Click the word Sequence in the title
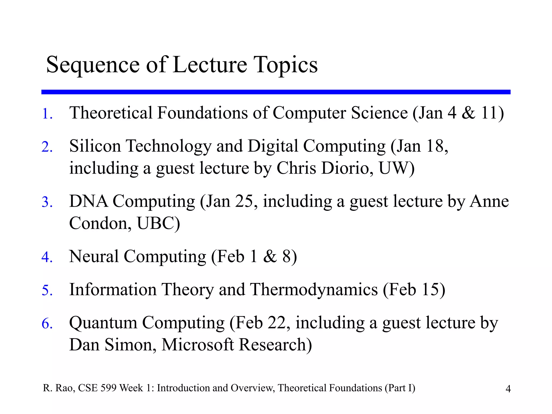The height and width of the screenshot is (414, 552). [x=93, y=65]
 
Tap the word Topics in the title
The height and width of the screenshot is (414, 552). [x=286, y=65]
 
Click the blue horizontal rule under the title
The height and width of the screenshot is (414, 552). [x=276, y=92]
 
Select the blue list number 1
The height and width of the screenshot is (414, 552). [x=46, y=114]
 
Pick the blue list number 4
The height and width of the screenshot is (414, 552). [x=46, y=257]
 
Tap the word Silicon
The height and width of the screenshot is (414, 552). [x=95, y=146]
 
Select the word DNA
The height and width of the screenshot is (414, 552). [x=88, y=201]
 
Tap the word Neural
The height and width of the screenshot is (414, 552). [x=94, y=256]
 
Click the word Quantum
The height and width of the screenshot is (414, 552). [x=103, y=323]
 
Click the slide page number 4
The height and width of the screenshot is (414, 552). [x=508, y=389]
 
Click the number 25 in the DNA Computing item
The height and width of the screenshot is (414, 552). [x=244, y=201]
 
